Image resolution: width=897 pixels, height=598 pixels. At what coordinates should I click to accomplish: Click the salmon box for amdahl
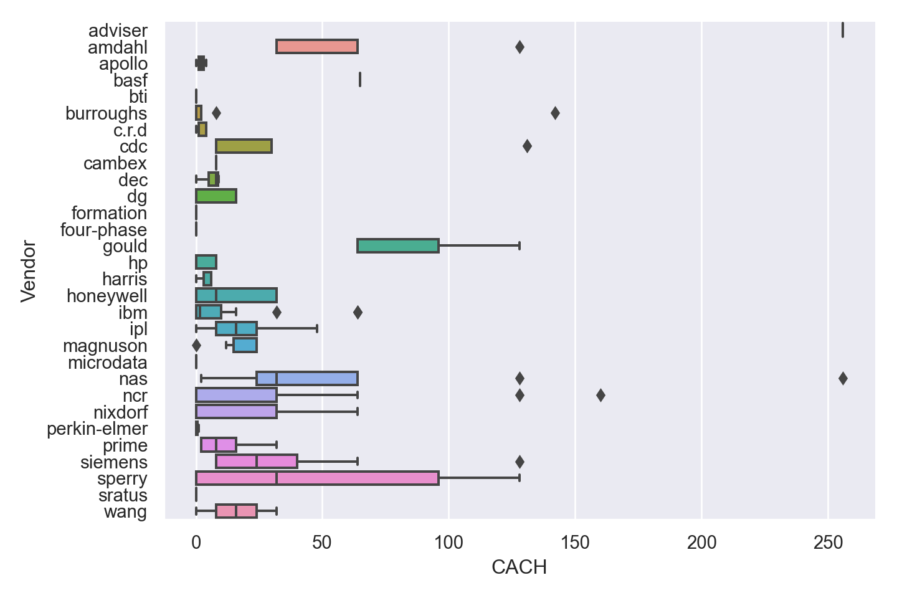tap(316, 47)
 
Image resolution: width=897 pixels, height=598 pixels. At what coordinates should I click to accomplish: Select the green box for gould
tap(398, 246)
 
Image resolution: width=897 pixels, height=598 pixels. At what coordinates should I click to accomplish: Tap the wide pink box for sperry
tap(317, 478)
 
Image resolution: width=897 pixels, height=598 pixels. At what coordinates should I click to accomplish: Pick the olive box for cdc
tap(244, 146)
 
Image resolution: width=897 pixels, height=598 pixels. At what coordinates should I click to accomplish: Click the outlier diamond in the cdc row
tap(527, 146)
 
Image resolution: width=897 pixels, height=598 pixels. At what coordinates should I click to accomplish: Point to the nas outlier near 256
tap(843, 379)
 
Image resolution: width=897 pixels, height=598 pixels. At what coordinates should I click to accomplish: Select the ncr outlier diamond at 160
tap(600, 396)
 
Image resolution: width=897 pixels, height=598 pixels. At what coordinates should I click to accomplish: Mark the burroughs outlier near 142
tap(555, 113)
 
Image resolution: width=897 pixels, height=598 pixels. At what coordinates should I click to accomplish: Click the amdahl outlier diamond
tap(520, 47)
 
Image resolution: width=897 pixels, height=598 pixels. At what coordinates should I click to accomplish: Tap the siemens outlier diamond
tap(520, 462)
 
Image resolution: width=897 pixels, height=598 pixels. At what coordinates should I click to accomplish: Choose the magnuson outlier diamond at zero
tap(196, 346)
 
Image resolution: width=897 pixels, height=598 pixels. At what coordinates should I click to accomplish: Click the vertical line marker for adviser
tap(843, 30)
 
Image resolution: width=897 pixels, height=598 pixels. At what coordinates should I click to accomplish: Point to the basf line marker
tap(360, 80)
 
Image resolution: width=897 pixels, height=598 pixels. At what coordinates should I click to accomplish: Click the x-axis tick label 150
tap(575, 543)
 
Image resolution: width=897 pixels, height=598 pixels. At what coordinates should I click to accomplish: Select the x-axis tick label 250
tap(828, 543)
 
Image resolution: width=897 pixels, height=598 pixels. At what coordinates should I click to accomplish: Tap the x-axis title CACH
tap(519, 567)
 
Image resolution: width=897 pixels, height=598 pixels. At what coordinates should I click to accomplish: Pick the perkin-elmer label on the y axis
tap(97, 429)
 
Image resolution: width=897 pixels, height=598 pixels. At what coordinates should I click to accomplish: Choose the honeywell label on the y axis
tap(107, 296)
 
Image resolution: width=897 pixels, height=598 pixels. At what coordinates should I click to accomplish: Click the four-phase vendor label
tap(103, 230)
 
